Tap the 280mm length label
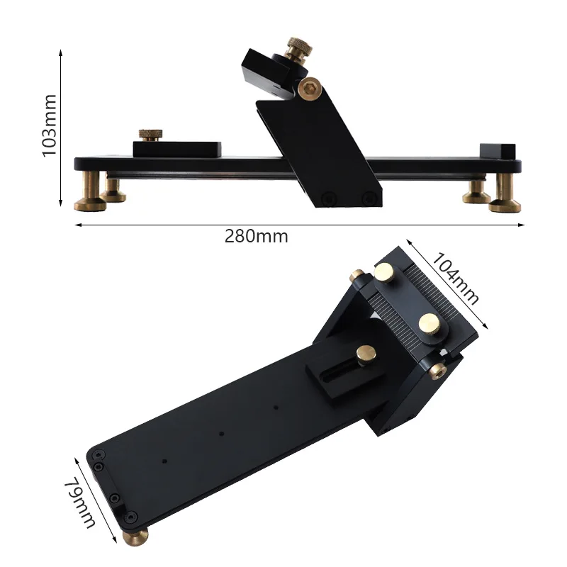(257, 236)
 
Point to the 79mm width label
(80, 503)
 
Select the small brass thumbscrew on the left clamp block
(149, 135)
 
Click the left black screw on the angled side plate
(327, 199)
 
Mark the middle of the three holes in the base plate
(221, 434)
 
